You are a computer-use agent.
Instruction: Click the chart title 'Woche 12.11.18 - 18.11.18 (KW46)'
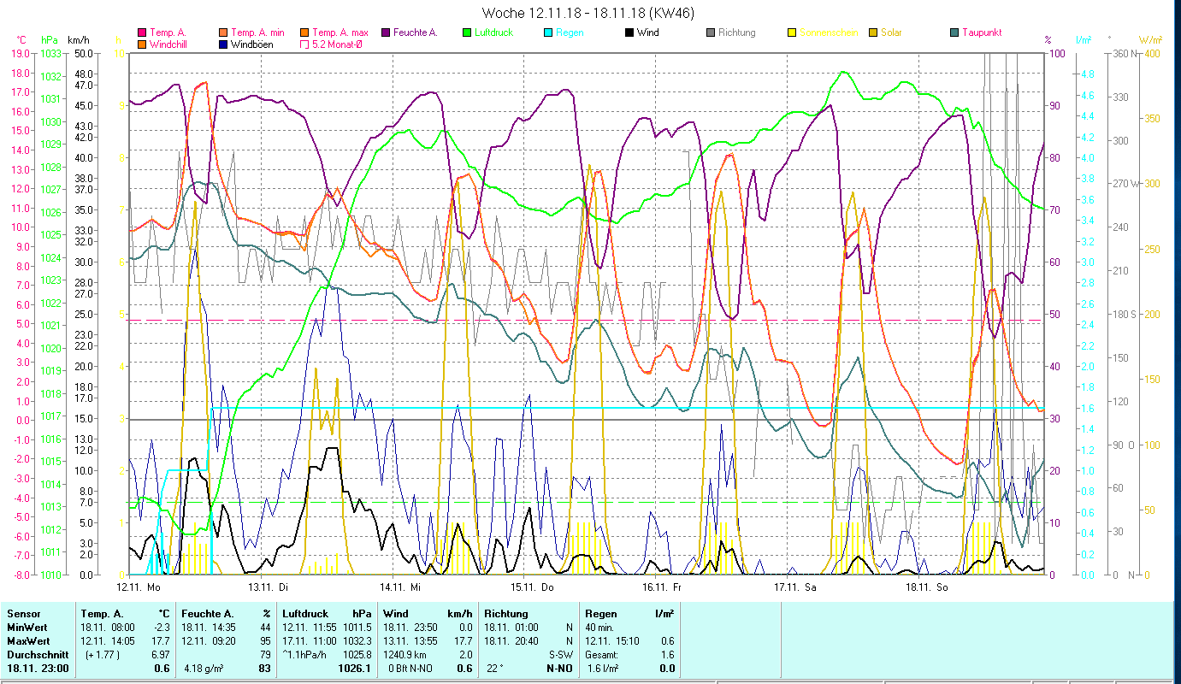(588, 13)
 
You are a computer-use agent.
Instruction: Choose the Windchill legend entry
(172, 44)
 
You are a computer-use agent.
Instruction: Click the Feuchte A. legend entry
(416, 32)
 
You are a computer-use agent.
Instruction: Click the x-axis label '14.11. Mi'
(404, 587)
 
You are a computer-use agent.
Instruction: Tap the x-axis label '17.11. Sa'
(795, 587)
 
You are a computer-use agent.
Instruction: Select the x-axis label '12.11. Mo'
(139, 587)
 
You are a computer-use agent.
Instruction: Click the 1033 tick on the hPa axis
(50, 53)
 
